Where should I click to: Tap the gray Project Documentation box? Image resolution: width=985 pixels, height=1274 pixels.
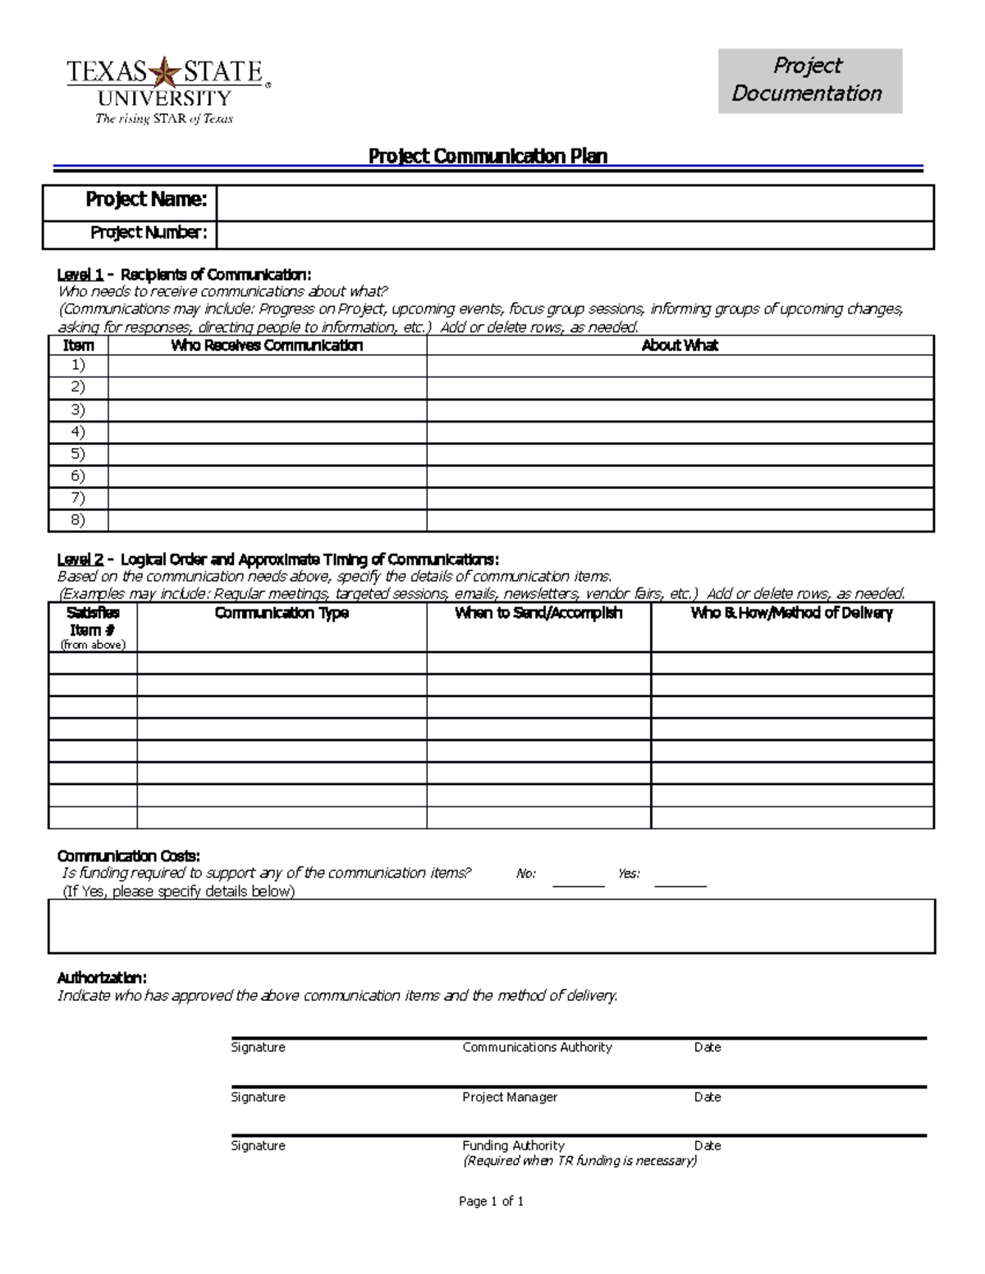coord(809,80)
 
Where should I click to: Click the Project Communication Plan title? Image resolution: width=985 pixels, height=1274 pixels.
coord(488,156)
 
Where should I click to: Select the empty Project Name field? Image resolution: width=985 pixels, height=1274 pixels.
coord(575,203)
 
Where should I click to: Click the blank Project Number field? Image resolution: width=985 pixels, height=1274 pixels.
coord(575,235)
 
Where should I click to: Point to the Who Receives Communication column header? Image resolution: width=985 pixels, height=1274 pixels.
coord(267,345)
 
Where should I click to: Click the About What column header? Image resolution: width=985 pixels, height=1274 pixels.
coord(680,345)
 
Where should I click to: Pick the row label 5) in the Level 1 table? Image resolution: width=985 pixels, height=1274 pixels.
coord(78,454)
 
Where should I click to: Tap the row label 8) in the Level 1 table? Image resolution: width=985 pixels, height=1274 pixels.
coord(78,520)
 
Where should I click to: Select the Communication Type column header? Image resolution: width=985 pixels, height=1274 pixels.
coord(282,613)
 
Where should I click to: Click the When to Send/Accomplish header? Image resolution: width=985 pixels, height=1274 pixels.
coord(538,613)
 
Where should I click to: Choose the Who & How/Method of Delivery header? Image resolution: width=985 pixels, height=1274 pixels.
coord(791,613)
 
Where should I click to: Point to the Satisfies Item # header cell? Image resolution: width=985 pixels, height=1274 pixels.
coord(93,628)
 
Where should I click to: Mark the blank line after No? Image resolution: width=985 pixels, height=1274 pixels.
coord(578,881)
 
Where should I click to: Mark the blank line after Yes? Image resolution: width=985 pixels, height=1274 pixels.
coord(680,881)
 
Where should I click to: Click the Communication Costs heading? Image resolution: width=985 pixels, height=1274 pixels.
coord(128,856)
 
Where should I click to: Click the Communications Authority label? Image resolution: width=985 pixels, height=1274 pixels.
coord(537,1047)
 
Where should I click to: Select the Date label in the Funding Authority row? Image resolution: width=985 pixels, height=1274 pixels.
coord(708,1145)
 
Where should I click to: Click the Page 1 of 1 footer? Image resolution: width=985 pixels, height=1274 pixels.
coord(491,1201)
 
